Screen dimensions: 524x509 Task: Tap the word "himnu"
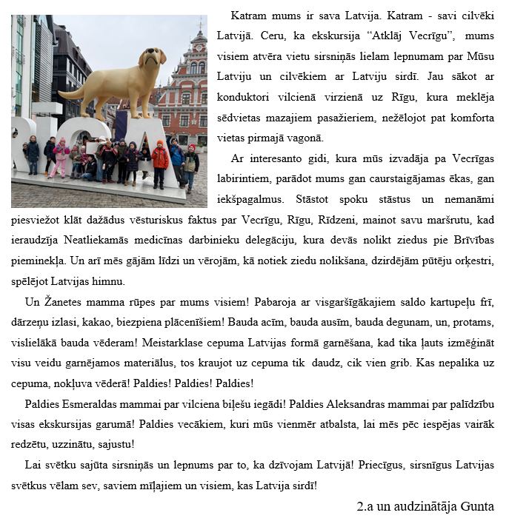click(x=110, y=282)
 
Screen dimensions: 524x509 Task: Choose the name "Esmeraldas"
click(x=96, y=403)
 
